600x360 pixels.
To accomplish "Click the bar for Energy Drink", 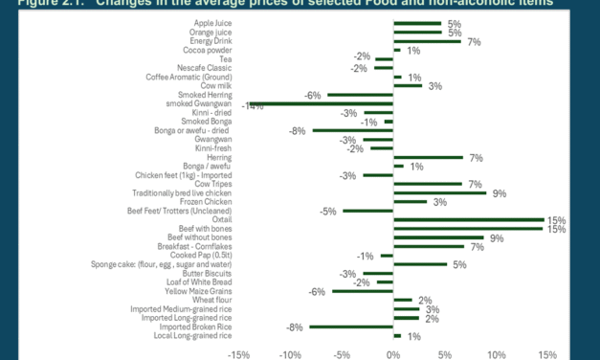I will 428,41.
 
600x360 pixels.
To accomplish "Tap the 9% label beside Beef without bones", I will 496,237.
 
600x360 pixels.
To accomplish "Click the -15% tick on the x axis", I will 237,353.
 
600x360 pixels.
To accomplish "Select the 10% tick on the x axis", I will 496,353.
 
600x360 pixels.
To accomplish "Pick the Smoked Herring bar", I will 360,95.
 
